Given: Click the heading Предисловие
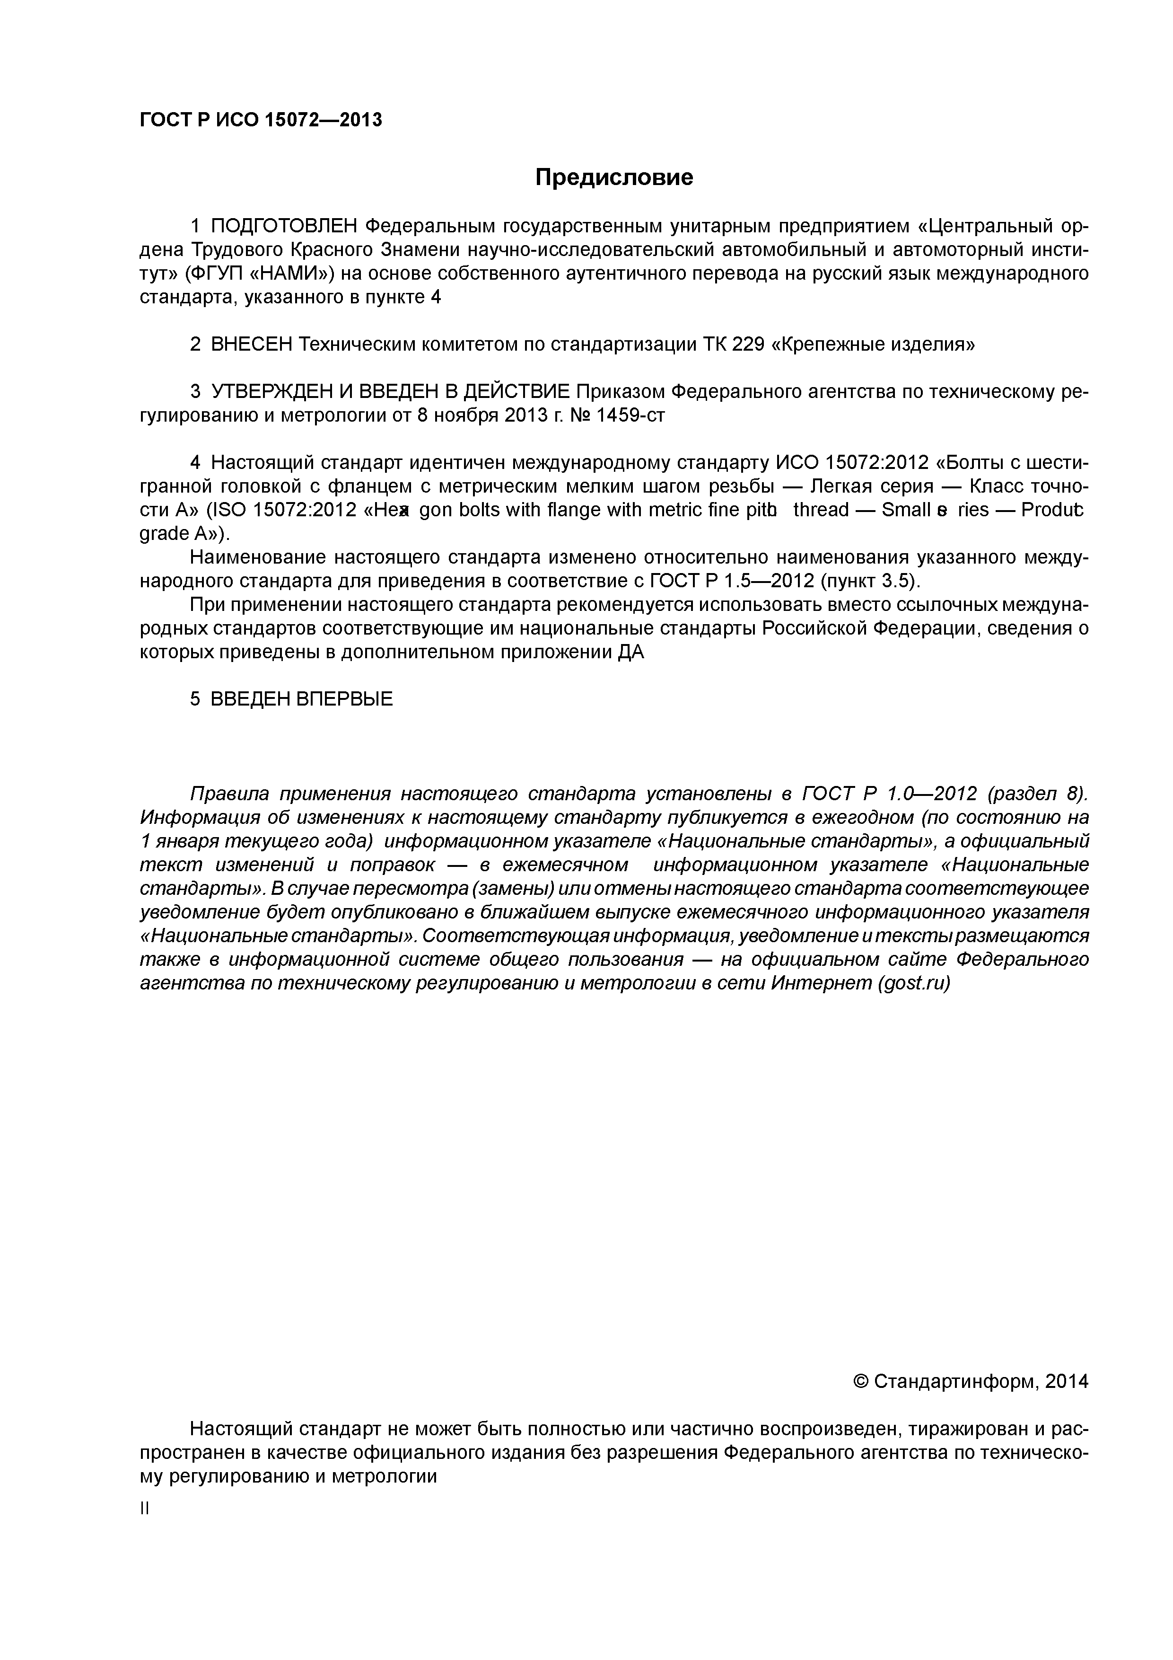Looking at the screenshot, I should [613, 177].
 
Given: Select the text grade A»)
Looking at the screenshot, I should [184, 534].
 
